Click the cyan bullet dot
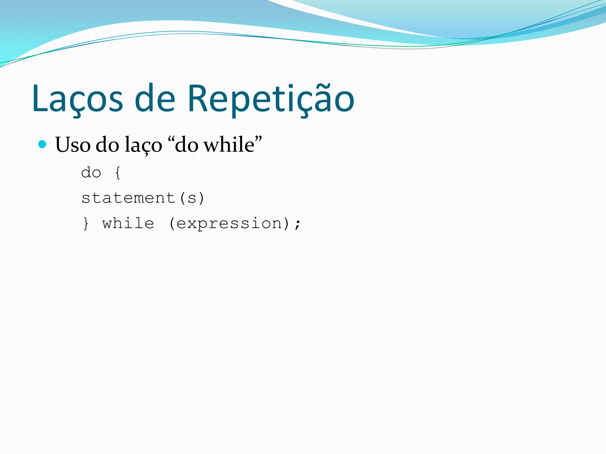(43, 144)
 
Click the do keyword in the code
(91, 173)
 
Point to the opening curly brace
(118, 173)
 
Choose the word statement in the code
(128, 198)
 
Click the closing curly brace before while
(86, 223)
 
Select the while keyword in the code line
(128, 223)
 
